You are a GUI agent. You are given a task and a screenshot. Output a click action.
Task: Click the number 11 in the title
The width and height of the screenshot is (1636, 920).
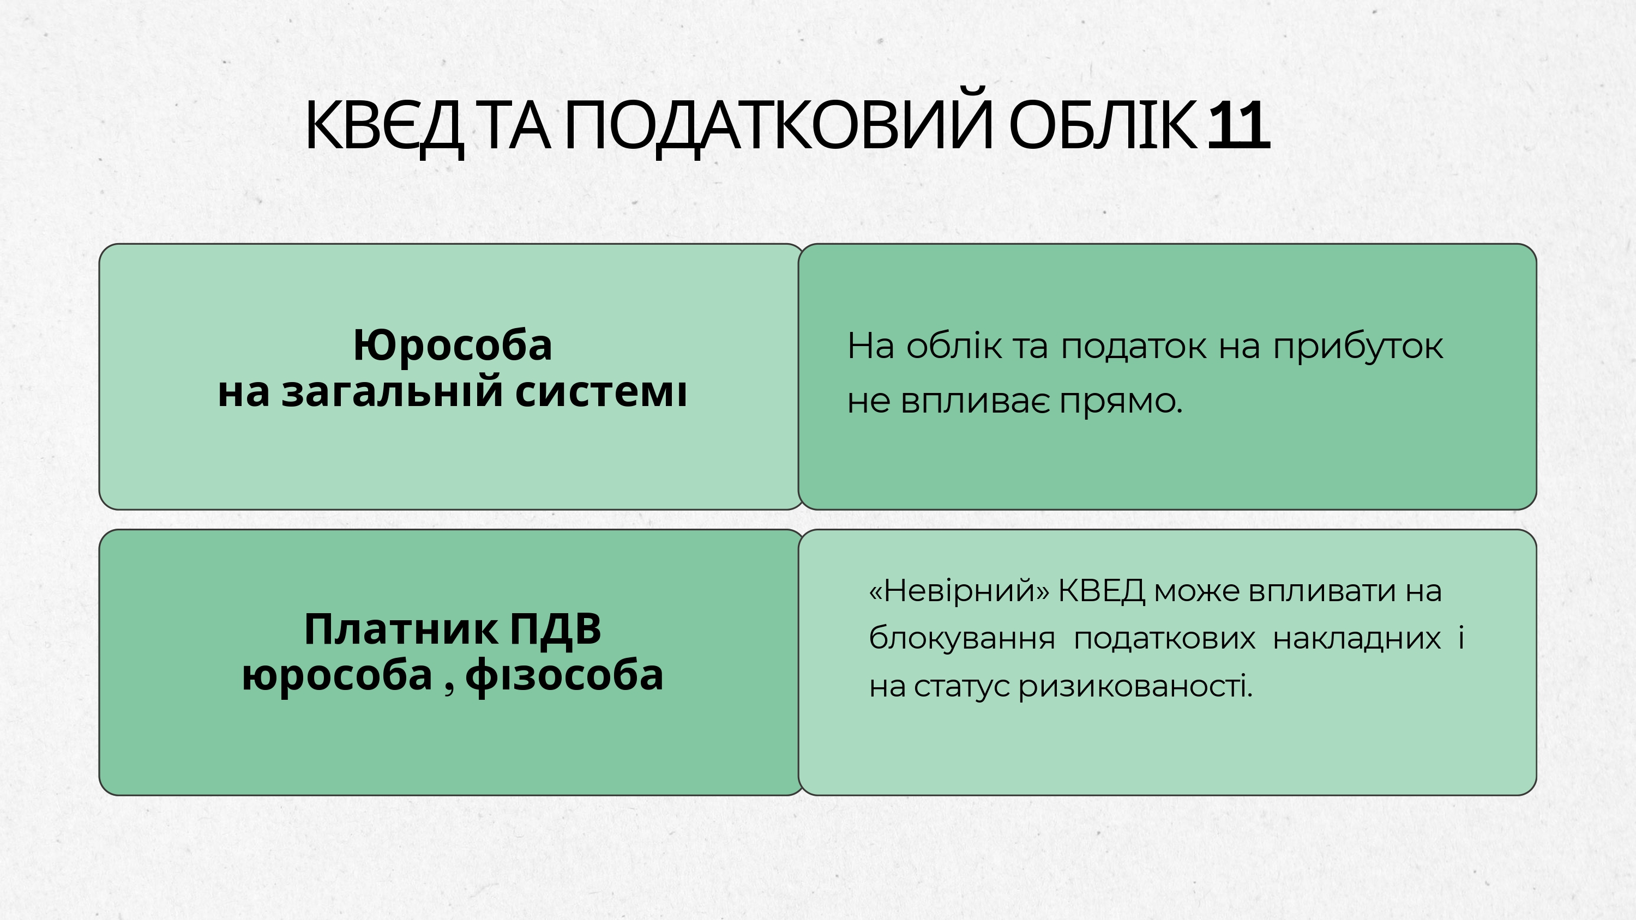(x=1238, y=126)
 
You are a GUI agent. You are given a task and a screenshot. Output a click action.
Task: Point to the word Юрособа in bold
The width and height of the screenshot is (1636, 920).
(x=453, y=346)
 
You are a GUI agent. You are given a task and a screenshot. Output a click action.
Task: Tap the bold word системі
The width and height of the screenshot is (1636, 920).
(x=601, y=392)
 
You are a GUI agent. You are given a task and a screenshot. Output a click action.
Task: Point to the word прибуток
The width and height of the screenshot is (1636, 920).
(x=1358, y=347)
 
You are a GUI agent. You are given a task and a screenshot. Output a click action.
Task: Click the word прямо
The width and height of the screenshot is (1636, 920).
(x=1121, y=402)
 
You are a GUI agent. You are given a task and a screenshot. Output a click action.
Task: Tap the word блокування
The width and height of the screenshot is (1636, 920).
(x=961, y=638)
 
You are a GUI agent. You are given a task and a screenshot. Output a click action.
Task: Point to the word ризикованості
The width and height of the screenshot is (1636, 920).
(x=1135, y=687)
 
